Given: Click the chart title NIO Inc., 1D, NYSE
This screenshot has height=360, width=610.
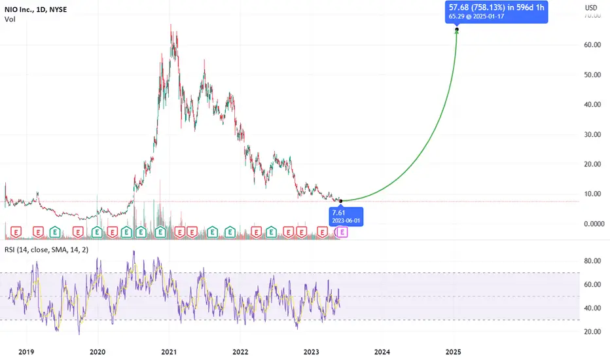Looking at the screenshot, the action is pyautogui.click(x=36, y=9).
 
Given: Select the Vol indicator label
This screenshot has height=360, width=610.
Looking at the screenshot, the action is pyautogui.click(x=10, y=19).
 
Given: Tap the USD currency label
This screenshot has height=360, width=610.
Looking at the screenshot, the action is pyautogui.click(x=591, y=8).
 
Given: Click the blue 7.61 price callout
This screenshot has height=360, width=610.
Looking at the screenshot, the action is pyautogui.click(x=346, y=217).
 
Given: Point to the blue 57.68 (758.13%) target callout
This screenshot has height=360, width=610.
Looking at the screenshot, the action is pyautogui.click(x=496, y=12).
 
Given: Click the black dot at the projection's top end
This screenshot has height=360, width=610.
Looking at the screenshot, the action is pyautogui.click(x=457, y=29).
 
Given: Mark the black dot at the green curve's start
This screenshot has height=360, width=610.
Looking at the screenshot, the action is pyautogui.click(x=341, y=201).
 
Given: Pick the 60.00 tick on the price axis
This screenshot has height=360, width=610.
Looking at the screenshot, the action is pyautogui.click(x=592, y=45).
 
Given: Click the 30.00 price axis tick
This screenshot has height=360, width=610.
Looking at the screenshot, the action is pyautogui.click(x=592, y=134).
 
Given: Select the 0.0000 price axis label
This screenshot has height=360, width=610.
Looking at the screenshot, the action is pyautogui.click(x=594, y=224).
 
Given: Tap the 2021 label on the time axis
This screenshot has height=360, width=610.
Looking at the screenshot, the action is pyautogui.click(x=169, y=352).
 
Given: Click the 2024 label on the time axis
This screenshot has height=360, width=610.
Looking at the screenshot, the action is pyautogui.click(x=382, y=352).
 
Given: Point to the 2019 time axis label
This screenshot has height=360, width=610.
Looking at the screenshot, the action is pyautogui.click(x=26, y=352).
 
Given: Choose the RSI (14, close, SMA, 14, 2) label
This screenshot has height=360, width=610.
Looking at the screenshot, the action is pyautogui.click(x=46, y=250).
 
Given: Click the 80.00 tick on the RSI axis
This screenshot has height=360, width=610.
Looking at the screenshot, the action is pyautogui.click(x=592, y=261).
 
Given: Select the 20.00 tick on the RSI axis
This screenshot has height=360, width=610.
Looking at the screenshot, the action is pyautogui.click(x=592, y=332).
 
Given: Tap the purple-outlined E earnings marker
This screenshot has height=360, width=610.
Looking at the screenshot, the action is pyautogui.click(x=342, y=232).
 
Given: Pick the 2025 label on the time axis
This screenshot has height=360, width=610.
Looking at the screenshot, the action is pyautogui.click(x=453, y=352).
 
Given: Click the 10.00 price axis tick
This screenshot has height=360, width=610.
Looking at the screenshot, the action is pyautogui.click(x=592, y=194).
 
